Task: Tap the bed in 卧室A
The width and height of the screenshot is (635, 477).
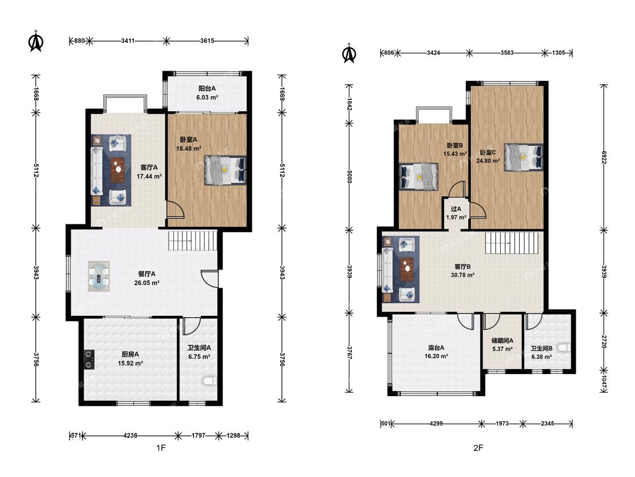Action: (226, 170)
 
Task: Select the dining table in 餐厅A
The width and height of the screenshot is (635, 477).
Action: (99, 276)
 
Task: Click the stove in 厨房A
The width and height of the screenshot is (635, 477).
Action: (89, 359)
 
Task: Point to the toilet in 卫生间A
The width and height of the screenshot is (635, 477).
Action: (210, 381)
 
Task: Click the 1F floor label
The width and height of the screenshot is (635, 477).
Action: (161, 448)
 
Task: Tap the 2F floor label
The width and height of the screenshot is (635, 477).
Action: (478, 448)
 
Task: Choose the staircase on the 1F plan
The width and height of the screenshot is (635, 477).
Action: (193, 240)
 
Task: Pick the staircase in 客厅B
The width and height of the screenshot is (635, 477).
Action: (512, 243)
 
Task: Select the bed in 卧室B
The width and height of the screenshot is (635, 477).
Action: (418, 177)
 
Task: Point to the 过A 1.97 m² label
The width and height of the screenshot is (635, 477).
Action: (456, 213)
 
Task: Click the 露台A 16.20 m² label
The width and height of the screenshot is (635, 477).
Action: (436, 352)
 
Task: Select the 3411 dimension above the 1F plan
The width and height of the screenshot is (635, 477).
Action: (128, 41)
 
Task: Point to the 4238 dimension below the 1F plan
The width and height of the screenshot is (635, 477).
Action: (130, 436)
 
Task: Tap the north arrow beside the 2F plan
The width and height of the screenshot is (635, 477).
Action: (349, 53)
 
